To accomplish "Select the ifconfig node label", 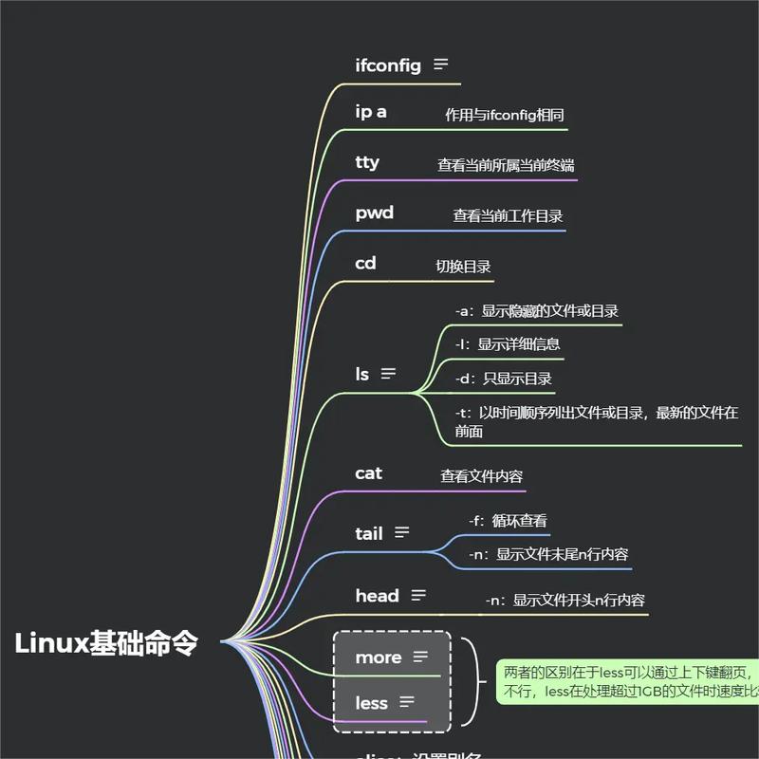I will pos(388,65).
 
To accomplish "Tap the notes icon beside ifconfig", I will pos(440,65).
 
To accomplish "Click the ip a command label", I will pos(371,112).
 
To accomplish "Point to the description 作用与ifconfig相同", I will pos(505,115).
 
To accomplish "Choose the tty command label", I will pos(367,162).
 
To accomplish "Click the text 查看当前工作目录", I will pos(508,216).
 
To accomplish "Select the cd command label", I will pos(365,264).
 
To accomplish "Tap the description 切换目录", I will pos(463,267).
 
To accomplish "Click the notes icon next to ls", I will pos(388,374).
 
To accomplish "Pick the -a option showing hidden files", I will pos(537,311).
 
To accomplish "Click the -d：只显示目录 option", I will pos(504,379).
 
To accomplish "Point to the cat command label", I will pos(368,473).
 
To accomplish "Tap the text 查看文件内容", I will pos(481,476).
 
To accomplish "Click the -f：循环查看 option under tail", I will pos(508,521).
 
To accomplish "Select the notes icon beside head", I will pos(418,595).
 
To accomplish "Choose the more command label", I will pos(379,657).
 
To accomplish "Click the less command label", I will pos(371,703).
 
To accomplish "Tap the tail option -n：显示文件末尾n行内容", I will pos(548,554).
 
